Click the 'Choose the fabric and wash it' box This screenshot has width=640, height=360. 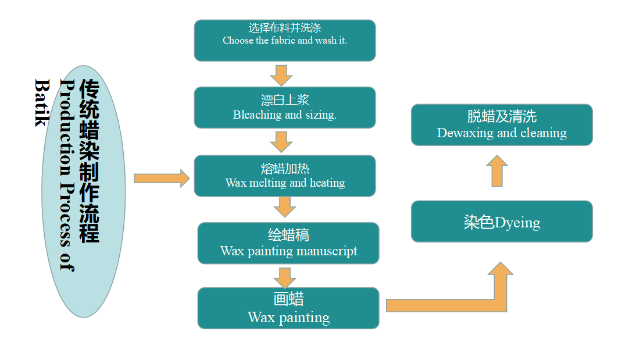pyautogui.click(x=284, y=40)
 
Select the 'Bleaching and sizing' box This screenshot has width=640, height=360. pyautogui.click(x=284, y=108)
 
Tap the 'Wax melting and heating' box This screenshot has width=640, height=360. pyautogui.click(x=284, y=176)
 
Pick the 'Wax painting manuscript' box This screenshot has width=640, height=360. pyautogui.click(x=288, y=243)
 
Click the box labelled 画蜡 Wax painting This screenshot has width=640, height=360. pyautogui.click(x=288, y=308)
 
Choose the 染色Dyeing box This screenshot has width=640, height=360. pyautogui.click(x=502, y=222)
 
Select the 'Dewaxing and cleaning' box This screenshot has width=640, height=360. pyautogui.click(x=502, y=125)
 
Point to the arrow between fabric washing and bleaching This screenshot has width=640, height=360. pyautogui.click(x=281, y=74)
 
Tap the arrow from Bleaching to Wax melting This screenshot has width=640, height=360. pyautogui.click(x=281, y=142)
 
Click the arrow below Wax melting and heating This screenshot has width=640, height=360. pyautogui.click(x=285, y=206)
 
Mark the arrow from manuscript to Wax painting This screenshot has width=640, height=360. pyautogui.click(x=285, y=277)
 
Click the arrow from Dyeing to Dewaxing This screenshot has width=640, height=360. pyautogui.click(x=497, y=171)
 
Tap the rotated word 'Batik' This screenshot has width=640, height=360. pyautogui.click(x=42, y=102)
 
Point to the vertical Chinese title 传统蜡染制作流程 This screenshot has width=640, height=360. pyautogui.click(x=89, y=161)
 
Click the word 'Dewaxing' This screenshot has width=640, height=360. pyautogui.click(x=461, y=133)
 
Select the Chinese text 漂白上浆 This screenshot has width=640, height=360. pyautogui.click(x=285, y=100)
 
